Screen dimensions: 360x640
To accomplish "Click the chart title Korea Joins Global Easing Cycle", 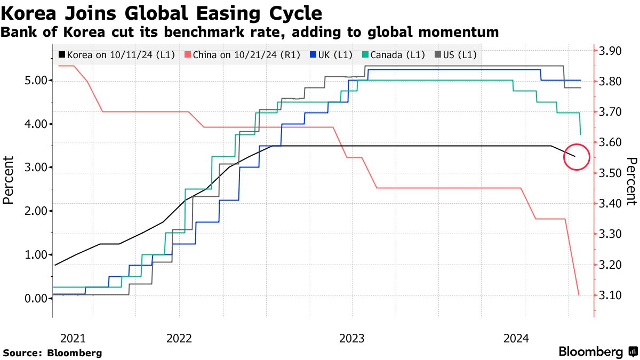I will [162, 13].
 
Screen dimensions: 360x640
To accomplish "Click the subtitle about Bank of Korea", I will [250, 33].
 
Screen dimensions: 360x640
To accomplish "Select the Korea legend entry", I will [116, 54].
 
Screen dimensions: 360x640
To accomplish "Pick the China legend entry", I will [242, 54].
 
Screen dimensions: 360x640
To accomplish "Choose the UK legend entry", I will [334, 54].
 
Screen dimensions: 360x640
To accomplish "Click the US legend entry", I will [457, 54].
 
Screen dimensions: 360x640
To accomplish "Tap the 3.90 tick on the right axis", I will [611, 51].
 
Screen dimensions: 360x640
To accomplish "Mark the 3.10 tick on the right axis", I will [611, 295].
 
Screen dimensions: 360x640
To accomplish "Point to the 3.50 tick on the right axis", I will [611, 173].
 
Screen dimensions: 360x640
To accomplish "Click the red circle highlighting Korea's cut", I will [576, 157].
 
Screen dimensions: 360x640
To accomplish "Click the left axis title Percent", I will [9, 180].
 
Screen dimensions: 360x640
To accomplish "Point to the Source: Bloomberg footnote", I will [52, 353].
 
